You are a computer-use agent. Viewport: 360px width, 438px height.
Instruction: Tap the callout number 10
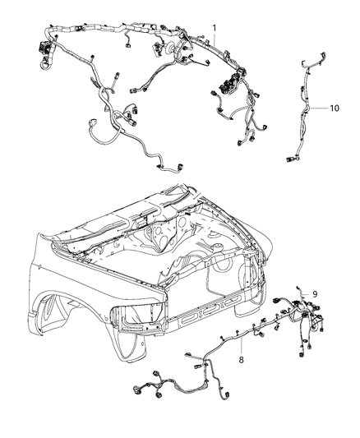pyautogui.click(x=334, y=108)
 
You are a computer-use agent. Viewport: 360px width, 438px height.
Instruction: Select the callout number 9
pyautogui.click(x=313, y=293)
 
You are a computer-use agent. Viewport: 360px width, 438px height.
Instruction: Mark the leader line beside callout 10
pyautogui.click(x=320, y=108)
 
